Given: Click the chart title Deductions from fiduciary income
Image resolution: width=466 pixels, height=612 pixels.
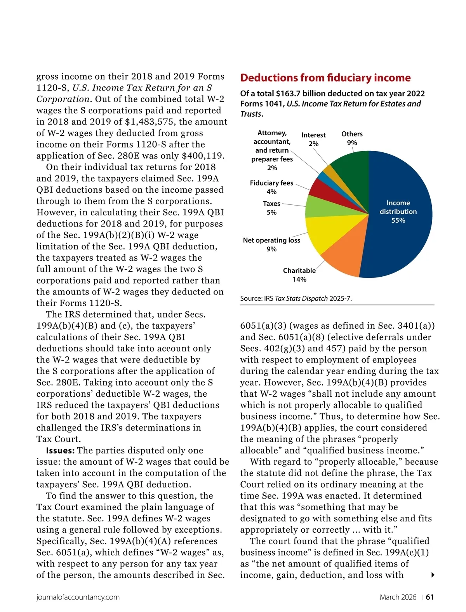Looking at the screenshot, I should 325,78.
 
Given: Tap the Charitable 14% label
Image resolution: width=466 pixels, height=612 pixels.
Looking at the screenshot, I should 299,275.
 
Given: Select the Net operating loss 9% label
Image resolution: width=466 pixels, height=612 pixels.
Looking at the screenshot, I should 271,244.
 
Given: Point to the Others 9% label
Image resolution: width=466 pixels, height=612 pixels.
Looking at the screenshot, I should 352,138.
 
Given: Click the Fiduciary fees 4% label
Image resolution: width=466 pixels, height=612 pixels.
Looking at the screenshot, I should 271,187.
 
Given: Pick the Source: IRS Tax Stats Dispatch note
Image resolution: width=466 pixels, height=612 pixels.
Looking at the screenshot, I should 296,298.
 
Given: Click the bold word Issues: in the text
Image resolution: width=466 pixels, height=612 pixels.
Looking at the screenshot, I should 60,450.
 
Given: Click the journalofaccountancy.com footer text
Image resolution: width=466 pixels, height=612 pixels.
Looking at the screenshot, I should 78,597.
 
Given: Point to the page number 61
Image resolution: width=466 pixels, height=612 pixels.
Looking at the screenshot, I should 430,597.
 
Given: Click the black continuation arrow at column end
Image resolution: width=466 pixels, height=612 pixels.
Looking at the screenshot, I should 433,575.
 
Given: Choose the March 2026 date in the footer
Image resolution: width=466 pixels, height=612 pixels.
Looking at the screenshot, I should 398,597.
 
